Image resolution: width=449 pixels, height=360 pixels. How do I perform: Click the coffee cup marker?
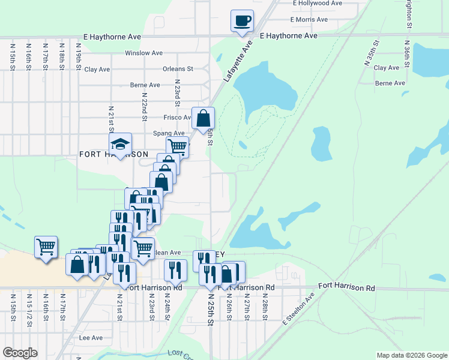tap(242, 20)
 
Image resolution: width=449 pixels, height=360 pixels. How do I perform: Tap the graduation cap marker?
tap(120, 144)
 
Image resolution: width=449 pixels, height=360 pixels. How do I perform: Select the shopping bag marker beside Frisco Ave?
tap(203, 118)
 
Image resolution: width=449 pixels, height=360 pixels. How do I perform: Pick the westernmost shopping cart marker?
tap(46, 247)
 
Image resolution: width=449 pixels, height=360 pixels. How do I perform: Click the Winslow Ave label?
tap(144, 53)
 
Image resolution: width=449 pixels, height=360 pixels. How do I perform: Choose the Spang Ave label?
tap(169, 133)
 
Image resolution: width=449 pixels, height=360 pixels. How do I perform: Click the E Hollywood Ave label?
tap(319, 4)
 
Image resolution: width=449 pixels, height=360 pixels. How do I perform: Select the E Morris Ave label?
tap(309, 20)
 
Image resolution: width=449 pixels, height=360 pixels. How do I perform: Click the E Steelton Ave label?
tap(299, 310)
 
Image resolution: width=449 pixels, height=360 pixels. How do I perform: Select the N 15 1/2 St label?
tap(29, 310)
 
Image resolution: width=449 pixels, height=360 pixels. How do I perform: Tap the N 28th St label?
tap(264, 308)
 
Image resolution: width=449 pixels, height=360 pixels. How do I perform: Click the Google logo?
tap(20, 353)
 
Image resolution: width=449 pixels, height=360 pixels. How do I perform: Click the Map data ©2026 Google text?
tap(411, 355)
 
